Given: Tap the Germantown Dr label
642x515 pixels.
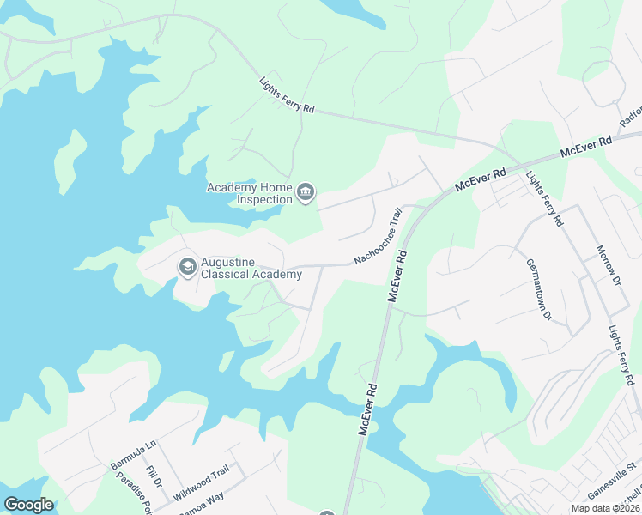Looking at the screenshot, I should pos(537,289).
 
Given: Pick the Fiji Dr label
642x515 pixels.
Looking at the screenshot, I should pos(154,476).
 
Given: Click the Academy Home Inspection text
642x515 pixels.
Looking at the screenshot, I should pos(249,193).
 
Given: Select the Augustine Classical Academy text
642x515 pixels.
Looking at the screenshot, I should pos(251,268).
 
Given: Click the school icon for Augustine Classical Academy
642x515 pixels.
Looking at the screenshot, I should pos(186,268).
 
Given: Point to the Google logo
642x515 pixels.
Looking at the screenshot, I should pos(28,505).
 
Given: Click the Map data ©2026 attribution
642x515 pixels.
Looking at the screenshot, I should pos(604,508).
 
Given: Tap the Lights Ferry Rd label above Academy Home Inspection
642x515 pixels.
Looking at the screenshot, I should pos(287,96).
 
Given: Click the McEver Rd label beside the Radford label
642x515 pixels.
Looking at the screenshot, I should pos(585,147).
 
